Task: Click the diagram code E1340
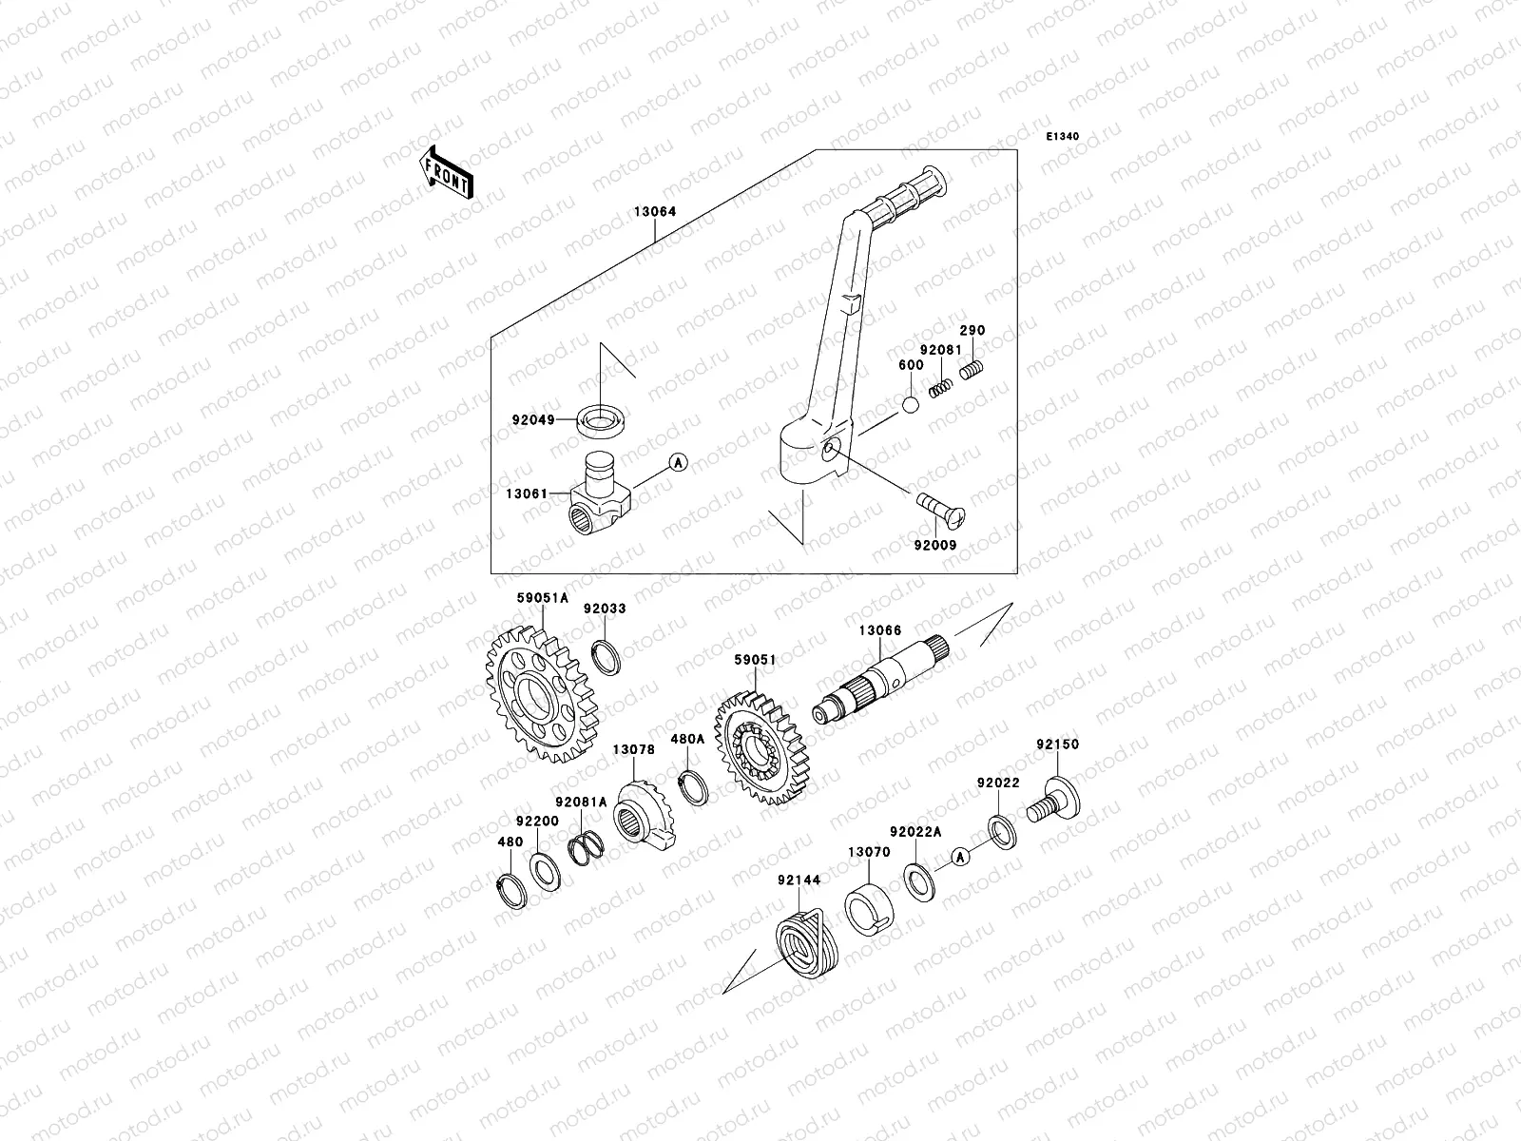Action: (x=1063, y=137)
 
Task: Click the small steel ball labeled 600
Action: (x=911, y=404)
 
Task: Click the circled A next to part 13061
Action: (x=678, y=463)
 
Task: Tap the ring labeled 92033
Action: (x=607, y=655)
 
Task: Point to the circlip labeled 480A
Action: (x=696, y=788)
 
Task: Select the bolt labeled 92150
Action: (x=1054, y=803)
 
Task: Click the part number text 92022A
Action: (x=915, y=831)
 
